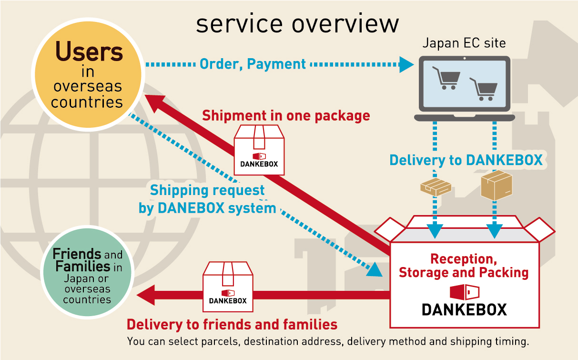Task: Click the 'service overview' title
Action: click(x=297, y=23)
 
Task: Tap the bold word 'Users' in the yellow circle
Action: click(x=89, y=52)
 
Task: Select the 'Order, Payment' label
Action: click(x=253, y=63)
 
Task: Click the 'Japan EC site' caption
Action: click(x=464, y=43)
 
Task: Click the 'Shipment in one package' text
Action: click(x=286, y=115)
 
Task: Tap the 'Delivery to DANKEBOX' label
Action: click(x=466, y=160)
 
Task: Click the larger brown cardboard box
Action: click(x=496, y=185)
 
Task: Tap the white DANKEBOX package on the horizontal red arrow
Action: click(x=228, y=286)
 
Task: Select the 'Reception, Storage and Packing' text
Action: click(x=464, y=266)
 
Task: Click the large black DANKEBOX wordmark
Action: click(x=464, y=309)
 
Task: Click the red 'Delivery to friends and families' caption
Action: click(x=232, y=325)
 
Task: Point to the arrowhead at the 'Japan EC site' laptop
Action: click(x=406, y=64)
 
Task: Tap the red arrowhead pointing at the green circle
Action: click(x=146, y=295)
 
